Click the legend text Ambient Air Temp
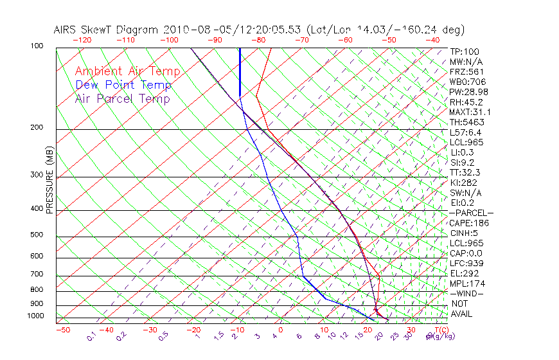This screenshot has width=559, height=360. (127, 71)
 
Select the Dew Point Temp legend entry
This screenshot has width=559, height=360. (123, 85)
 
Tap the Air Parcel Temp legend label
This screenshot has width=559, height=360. (122, 98)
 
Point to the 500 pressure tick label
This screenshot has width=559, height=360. (37, 235)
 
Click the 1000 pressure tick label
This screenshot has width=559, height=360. (35, 316)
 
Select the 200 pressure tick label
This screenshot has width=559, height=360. (37, 128)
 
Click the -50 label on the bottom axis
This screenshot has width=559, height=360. (62, 330)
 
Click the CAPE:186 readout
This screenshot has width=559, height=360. (468, 223)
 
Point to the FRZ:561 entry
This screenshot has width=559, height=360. (466, 72)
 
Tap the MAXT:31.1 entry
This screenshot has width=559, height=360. (470, 112)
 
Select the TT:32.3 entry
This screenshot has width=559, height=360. (465, 172)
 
